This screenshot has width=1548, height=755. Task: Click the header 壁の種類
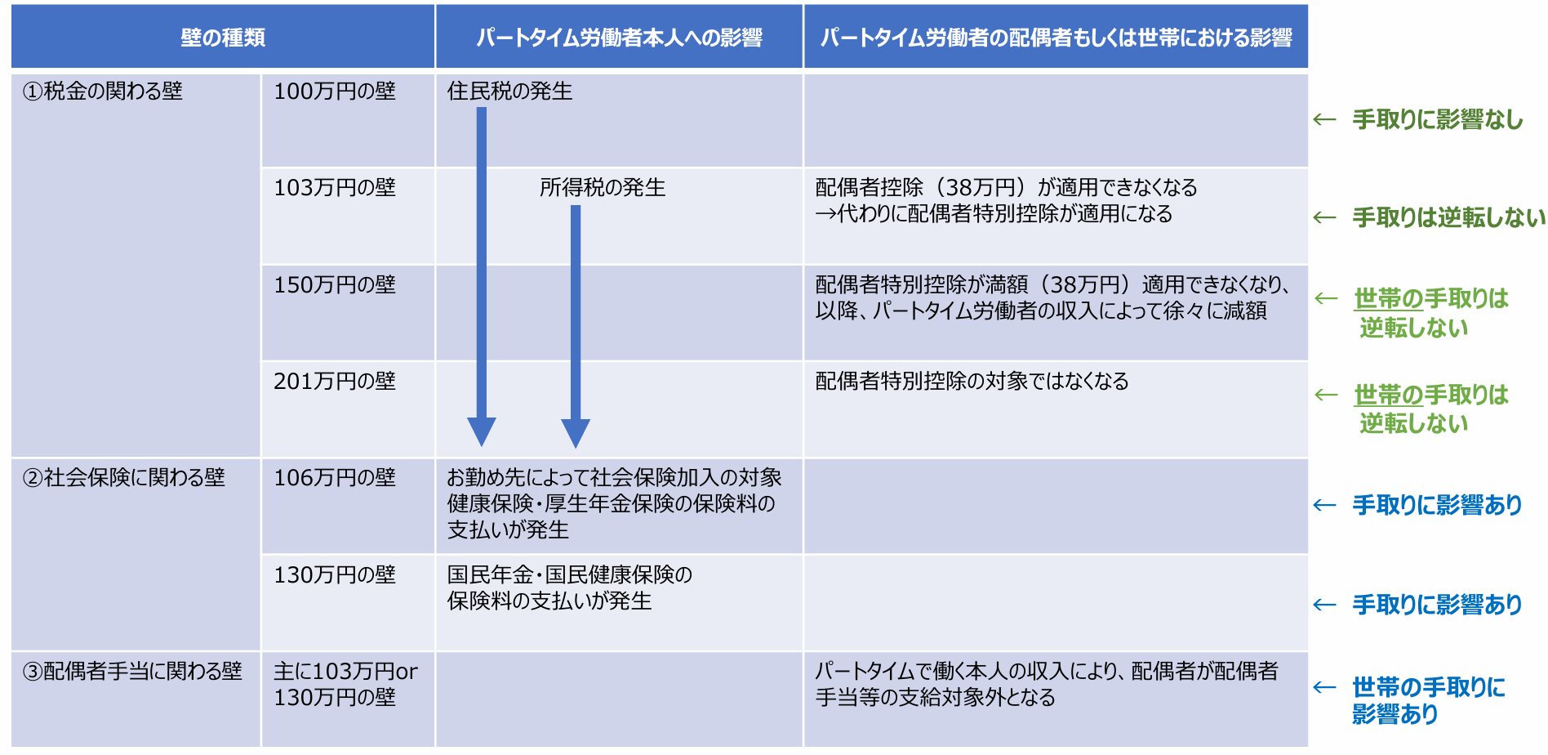223,38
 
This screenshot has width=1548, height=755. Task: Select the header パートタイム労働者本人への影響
619,38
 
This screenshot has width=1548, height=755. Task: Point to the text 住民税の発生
509,92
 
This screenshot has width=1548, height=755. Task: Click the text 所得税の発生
603,188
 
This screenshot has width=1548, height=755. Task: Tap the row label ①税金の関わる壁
103,92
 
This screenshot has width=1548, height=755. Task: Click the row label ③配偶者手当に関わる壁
132,672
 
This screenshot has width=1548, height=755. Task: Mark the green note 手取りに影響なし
1438,120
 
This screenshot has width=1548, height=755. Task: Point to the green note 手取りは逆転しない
1449,217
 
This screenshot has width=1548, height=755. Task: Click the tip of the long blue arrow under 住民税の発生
482,446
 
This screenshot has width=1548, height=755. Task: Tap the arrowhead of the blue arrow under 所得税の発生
576,433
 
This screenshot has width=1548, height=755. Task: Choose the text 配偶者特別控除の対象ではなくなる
972,381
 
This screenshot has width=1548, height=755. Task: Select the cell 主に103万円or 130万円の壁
345,685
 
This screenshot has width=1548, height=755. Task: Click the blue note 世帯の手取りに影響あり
1429,700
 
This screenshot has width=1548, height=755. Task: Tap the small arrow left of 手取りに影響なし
1324,120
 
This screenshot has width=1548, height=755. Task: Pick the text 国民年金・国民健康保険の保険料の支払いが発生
569,588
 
